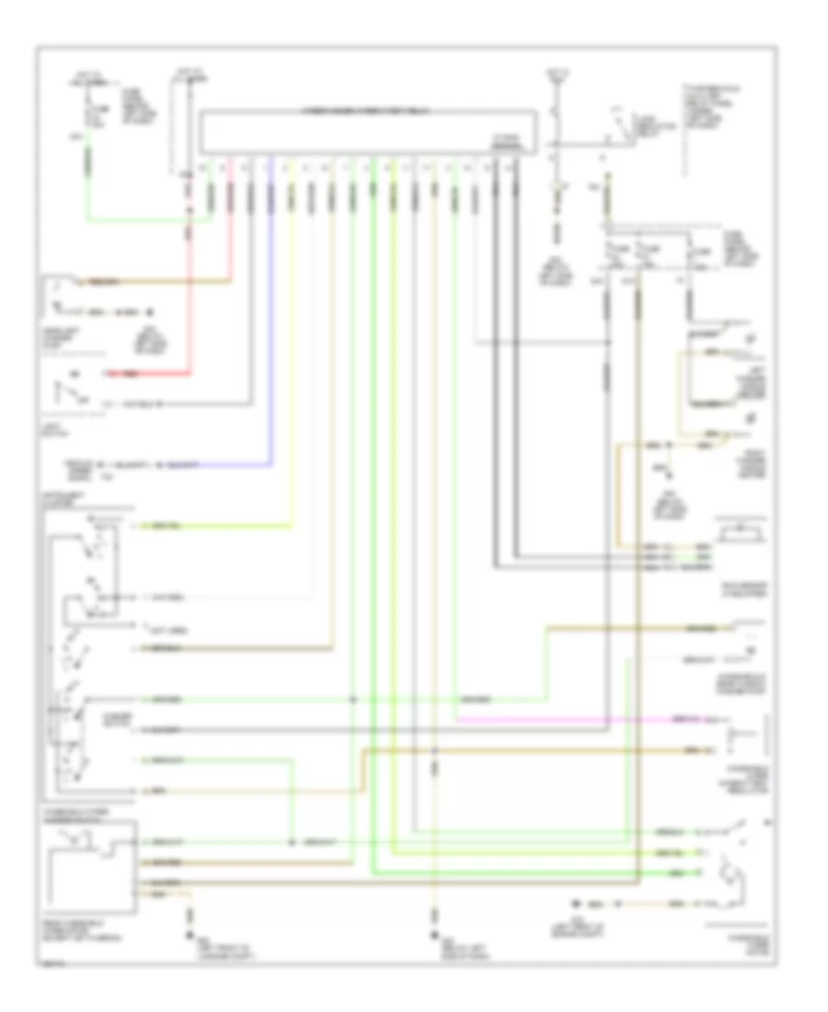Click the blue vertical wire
[271, 322]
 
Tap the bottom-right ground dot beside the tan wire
[580, 902]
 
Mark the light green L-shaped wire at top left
[138, 220]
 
